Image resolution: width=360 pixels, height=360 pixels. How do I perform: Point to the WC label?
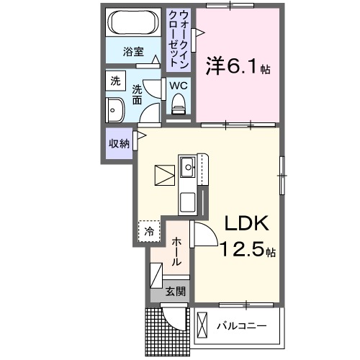(179, 85)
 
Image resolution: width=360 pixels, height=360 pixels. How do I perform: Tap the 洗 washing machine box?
(115, 81)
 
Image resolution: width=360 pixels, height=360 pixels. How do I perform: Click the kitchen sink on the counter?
(189, 167)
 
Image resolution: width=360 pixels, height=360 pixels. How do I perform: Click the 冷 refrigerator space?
(149, 231)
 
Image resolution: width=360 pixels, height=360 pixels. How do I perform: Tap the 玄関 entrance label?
(175, 292)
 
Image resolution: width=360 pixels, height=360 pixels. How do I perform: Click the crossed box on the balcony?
(203, 325)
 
